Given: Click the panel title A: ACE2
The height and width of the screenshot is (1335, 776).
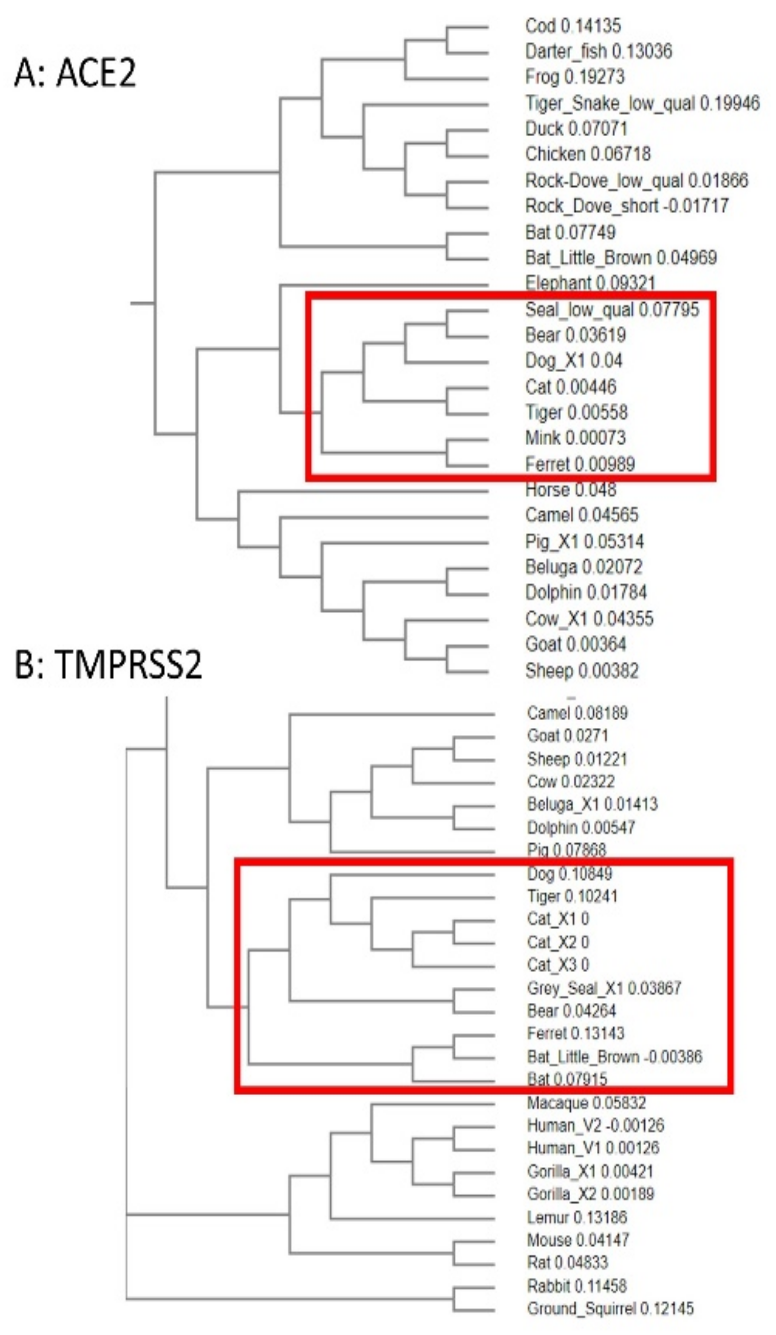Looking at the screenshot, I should tap(75, 73).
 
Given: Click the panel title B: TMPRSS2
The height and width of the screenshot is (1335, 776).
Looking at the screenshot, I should tap(108, 664).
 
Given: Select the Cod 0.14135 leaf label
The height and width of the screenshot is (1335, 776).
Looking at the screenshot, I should tap(573, 25).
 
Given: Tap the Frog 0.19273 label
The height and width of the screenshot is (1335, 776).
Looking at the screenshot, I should tap(575, 77).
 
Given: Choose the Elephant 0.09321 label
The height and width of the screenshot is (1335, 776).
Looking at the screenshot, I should tap(589, 283).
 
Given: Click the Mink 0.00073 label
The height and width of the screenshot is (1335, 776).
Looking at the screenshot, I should tap(575, 438).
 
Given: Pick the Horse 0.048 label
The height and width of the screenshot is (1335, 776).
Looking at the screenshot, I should tap(571, 490).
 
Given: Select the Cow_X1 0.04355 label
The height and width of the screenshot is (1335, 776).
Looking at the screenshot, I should tap(589, 618).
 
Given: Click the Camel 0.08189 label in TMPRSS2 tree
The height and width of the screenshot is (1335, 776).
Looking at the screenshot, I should tap(577, 713).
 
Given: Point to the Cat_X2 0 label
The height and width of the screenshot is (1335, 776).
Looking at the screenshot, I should tap(558, 942).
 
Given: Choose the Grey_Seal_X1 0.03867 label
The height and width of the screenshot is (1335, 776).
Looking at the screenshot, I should tap(604, 988).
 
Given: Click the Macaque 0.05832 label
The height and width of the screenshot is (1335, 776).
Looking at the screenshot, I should tap(586, 1103).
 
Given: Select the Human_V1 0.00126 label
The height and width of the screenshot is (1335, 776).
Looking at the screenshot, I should tap(593, 1148).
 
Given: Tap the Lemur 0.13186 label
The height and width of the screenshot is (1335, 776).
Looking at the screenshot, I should tap(577, 1217).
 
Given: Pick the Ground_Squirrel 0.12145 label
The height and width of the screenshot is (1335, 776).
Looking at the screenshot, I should tap(609, 1309).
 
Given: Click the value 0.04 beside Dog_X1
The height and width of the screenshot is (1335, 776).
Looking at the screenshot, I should tap(606, 361).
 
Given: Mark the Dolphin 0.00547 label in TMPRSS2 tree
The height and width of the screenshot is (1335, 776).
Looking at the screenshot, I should tap(581, 827).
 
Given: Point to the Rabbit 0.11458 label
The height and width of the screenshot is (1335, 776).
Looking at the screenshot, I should tap(577, 1286).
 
